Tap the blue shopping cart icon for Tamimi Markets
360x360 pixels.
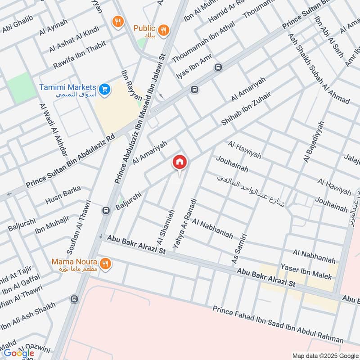[x=105, y=90]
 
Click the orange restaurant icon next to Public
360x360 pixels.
[x=164, y=30]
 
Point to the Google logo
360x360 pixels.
[x=18, y=353]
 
